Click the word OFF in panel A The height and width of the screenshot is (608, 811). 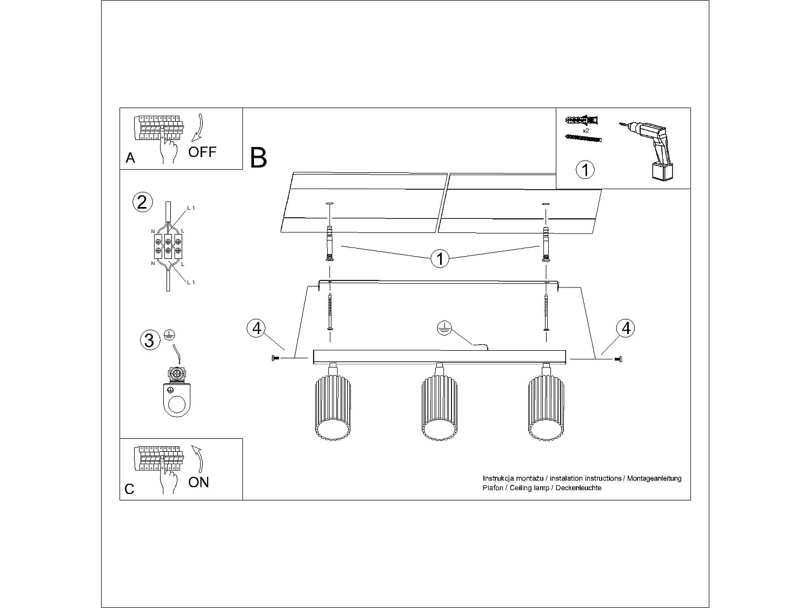[202, 152]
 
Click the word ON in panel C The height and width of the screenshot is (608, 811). [198, 482]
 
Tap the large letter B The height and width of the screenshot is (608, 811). [259, 158]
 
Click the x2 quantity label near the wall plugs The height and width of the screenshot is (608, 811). [586, 131]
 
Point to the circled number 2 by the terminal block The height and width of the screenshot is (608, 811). [141, 202]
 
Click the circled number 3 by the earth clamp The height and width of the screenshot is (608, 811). [149, 340]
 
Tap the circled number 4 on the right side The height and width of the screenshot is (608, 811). [626, 328]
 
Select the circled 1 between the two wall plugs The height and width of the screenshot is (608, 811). [440, 259]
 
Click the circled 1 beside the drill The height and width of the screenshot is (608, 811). [585, 170]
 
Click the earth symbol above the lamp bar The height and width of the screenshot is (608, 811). [444, 328]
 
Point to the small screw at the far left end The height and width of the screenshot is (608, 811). [274, 358]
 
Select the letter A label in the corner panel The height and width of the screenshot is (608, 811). [130, 158]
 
